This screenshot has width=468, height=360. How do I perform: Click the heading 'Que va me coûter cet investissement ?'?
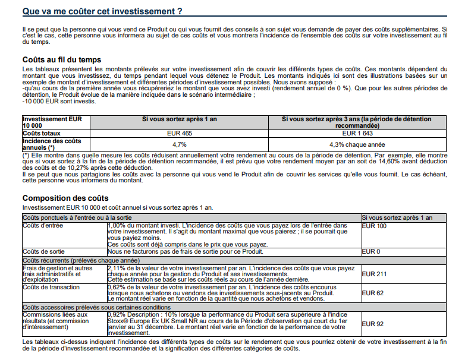pyautogui.click(x=102, y=11)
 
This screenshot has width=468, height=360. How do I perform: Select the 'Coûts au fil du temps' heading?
pyautogui.click(x=61, y=59)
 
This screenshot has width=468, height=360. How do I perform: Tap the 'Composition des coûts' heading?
pyautogui.click(x=65, y=198)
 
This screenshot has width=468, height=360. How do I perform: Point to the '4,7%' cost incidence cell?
pyautogui.click(x=179, y=144)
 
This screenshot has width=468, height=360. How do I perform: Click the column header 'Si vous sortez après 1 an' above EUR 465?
pyautogui.click(x=179, y=119)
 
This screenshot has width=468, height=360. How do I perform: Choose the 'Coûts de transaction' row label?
pyautogui.click(x=50, y=288)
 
